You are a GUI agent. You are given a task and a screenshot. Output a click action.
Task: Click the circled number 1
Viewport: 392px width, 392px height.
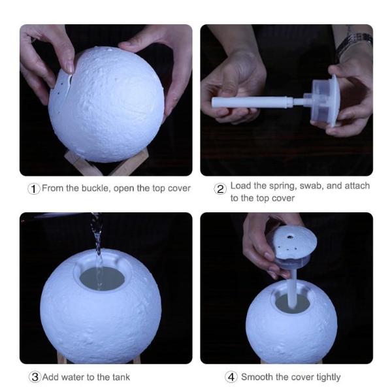[x=34, y=189]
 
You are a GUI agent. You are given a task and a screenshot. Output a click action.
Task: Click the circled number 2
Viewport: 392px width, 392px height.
[x=220, y=189]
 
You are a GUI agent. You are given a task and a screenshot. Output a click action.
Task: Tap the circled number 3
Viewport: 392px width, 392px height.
[x=35, y=377]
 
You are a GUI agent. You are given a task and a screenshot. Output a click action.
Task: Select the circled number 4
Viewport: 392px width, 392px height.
[x=231, y=377]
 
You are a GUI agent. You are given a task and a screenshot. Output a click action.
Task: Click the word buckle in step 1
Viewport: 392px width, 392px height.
[x=95, y=188]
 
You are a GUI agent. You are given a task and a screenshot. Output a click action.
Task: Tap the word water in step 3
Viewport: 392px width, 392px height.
[x=70, y=377]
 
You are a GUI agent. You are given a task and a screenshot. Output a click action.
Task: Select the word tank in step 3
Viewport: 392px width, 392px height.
[x=121, y=377]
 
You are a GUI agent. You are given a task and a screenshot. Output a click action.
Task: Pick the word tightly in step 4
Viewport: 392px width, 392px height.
[x=328, y=377]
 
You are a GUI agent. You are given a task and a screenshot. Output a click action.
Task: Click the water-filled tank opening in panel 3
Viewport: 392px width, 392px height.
[x=102, y=278]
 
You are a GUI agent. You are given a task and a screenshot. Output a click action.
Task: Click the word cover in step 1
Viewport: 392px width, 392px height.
[x=179, y=188]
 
